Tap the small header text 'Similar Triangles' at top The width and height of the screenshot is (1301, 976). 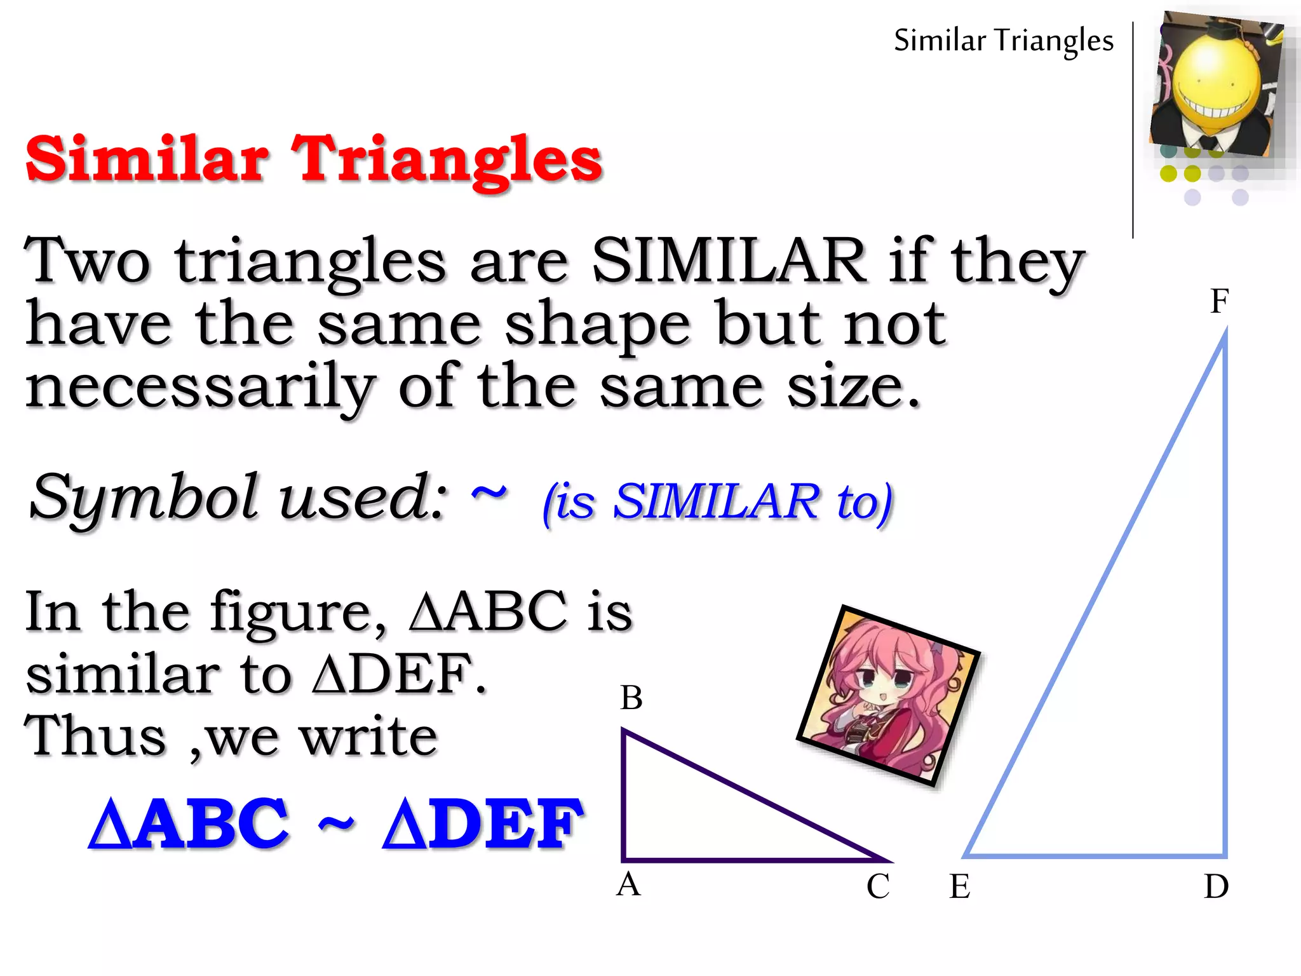(x=1004, y=41)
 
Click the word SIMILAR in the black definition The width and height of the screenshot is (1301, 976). (x=729, y=261)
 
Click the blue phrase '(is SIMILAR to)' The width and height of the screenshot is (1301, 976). (x=718, y=502)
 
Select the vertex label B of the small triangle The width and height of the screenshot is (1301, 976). (x=631, y=698)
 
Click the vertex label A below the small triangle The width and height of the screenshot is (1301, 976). (x=628, y=884)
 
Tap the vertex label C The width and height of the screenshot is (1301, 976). (x=878, y=886)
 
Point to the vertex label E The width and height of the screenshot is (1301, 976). (x=960, y=886)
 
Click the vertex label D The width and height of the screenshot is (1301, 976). (x=1216, y=886)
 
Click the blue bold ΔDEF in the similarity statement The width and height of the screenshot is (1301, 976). (x=483, y=823)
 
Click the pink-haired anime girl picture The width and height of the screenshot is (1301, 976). (x=888, y=696)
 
